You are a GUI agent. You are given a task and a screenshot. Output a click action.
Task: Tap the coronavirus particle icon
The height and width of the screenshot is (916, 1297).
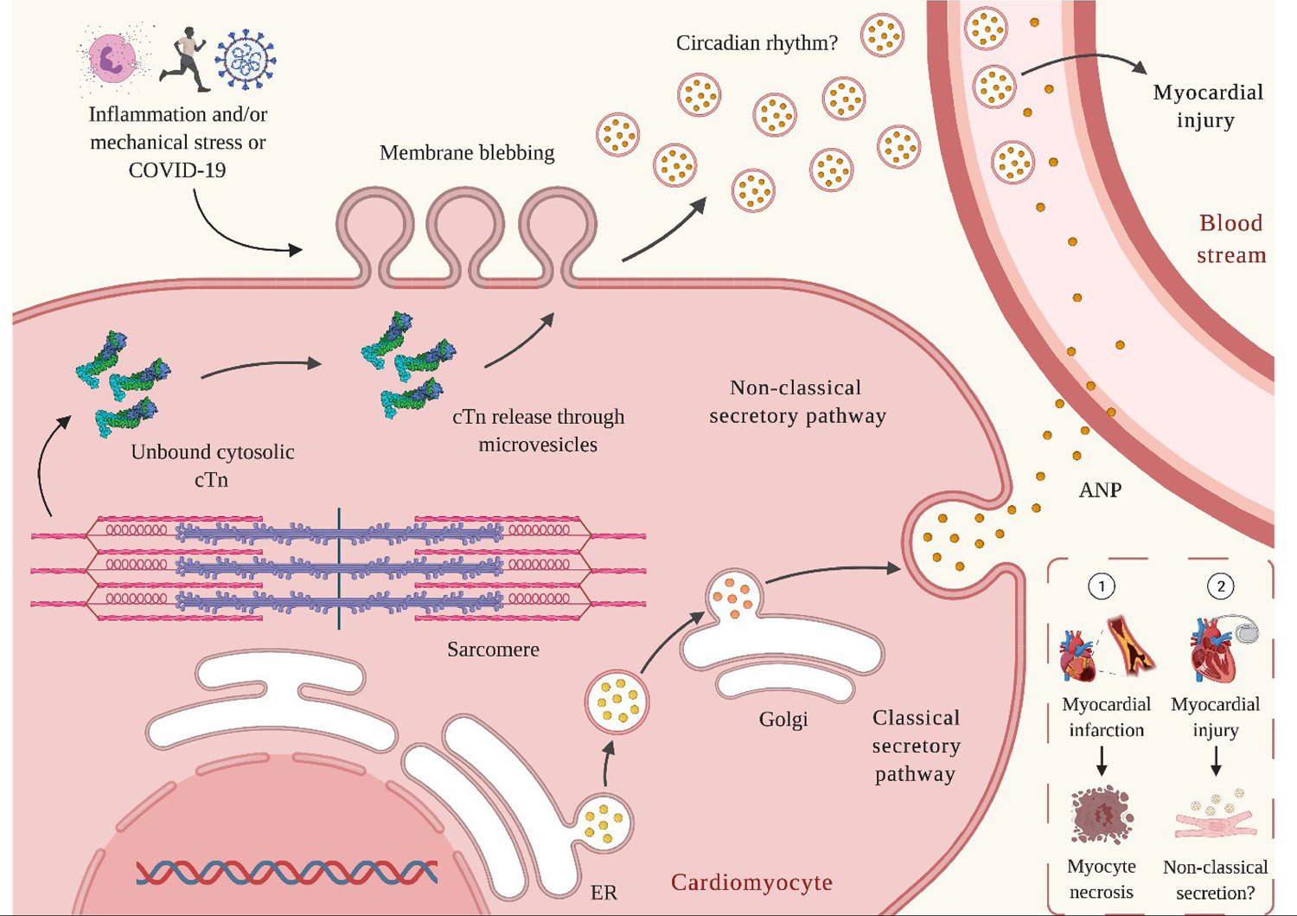click(246, 59)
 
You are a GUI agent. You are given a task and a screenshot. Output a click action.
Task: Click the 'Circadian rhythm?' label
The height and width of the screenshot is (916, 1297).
click(757, 43)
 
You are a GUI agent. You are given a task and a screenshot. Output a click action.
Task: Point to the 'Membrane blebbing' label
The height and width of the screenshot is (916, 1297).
click(467, 153)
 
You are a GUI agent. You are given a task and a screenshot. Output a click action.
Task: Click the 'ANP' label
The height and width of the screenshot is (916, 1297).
click(1100, 490)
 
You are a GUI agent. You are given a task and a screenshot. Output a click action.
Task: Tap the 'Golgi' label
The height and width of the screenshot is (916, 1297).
click(783, 721)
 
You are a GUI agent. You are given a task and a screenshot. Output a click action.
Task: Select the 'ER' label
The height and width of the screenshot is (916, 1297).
click(604, 893)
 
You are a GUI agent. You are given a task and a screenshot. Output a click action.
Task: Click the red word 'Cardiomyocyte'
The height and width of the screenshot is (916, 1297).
click(751, 882)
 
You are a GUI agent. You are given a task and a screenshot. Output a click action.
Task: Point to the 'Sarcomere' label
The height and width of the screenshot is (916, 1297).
click(493, 650)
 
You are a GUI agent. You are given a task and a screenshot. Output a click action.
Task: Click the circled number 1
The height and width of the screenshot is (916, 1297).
click(1102, 587)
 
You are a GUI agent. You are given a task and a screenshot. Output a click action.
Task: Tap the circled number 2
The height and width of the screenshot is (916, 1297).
click(1221, 587)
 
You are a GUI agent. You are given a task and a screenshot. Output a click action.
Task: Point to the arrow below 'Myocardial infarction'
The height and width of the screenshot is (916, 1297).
click(1102, 760)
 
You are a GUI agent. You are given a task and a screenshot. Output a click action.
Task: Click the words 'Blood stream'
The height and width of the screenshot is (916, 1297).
click(1231, 239)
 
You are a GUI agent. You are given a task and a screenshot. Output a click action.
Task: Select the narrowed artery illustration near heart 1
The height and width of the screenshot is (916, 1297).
click(1130, 648)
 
